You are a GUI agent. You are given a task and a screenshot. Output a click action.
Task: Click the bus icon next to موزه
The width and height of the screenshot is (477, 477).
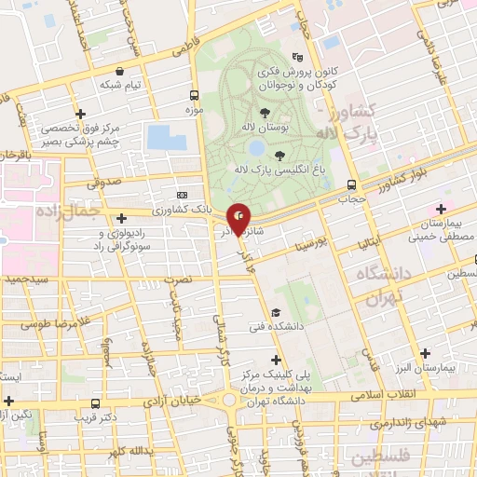[194, 95]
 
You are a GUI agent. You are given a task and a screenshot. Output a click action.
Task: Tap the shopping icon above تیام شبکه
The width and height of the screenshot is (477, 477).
[119, 71]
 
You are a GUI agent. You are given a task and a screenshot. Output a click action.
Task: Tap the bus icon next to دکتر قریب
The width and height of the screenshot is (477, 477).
[95, 403]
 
